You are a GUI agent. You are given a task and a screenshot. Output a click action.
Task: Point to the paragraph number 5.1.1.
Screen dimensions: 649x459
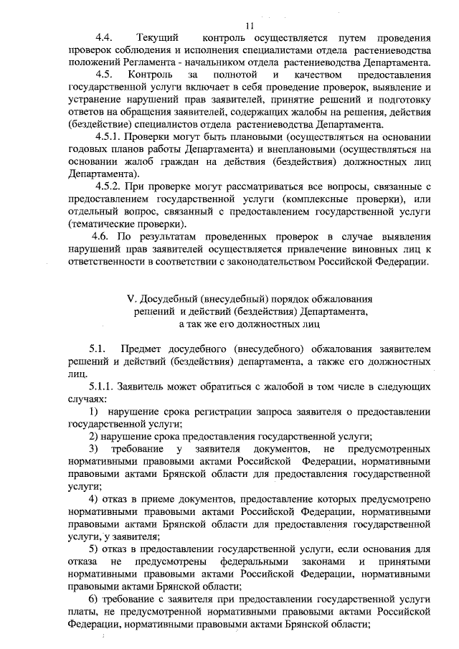pyautogui.click(x=105, y=387)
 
